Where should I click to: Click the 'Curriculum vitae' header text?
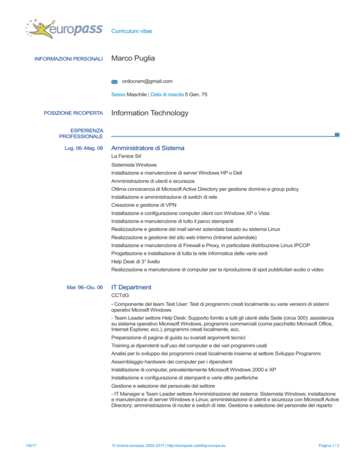[x=132, y=31]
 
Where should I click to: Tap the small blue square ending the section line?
[x=337, y=135]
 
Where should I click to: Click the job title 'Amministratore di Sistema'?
[x=147, y=148]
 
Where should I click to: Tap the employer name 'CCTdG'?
[x=120, y=296]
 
